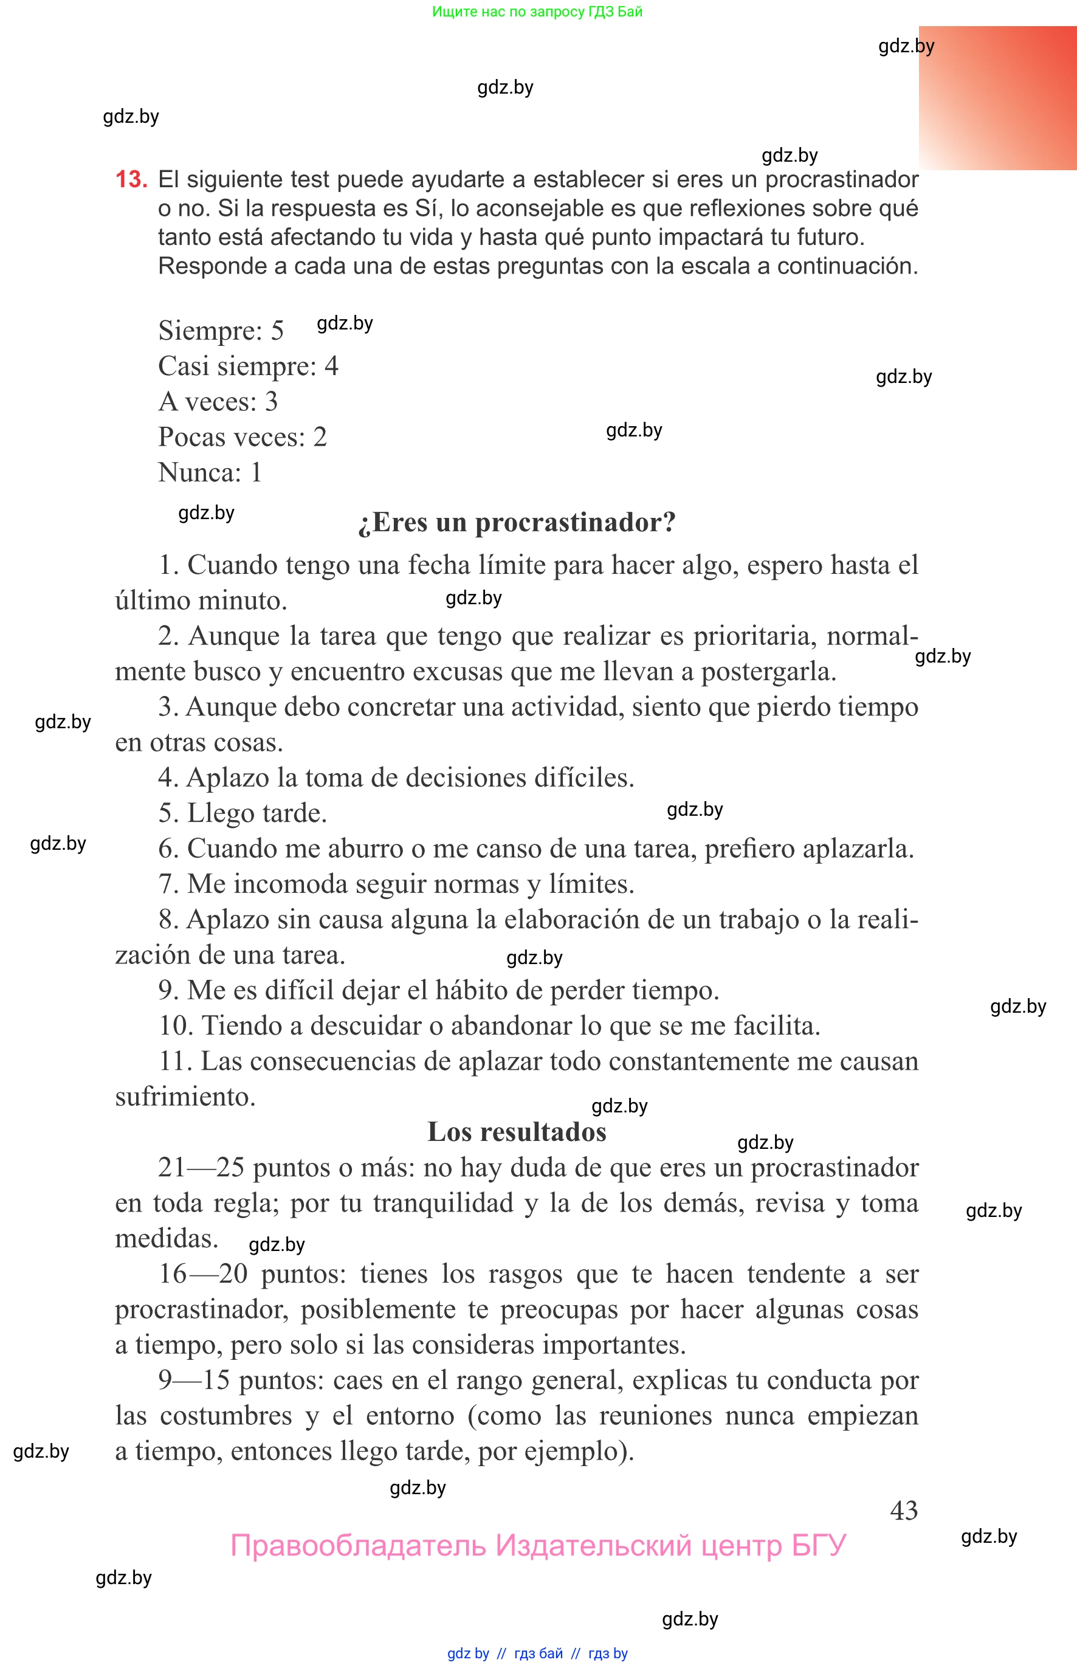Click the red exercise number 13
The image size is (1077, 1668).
[131, 180]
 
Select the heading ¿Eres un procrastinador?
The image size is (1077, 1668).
[517, 522]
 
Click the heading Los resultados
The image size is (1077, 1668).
[517, 1132]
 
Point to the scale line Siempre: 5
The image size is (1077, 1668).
[221, 331]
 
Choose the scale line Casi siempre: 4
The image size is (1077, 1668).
[247, 367]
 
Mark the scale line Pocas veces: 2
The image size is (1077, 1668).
[242, 437]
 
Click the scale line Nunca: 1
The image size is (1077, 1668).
[210, 473]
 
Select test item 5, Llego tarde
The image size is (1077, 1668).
[243, 813]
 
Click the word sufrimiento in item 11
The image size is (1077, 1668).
[185, 1097]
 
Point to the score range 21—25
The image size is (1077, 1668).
[201, 1168]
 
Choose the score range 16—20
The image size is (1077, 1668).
[203, 1274]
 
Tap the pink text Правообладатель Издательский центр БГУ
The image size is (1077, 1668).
[538, 1546]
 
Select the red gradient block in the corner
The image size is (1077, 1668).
[998, 98]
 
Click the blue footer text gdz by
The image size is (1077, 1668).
[468, 1653]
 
